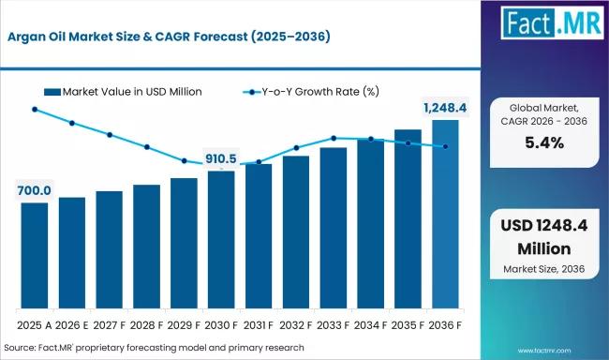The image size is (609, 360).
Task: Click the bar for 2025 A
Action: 35,255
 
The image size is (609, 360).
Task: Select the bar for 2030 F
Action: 221,240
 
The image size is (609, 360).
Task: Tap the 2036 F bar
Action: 445,214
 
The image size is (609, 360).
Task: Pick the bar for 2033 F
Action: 334,228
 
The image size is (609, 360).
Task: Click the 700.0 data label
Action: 34,190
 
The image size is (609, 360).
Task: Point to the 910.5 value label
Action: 220,158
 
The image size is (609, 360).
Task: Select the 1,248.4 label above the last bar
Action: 445,108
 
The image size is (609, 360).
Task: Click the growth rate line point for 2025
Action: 35,110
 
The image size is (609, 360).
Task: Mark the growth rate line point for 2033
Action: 334,138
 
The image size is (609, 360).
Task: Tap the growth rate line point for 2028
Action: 147,147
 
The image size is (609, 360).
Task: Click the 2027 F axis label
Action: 109,325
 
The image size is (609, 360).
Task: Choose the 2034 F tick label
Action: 370,325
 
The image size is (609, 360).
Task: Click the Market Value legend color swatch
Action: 52,92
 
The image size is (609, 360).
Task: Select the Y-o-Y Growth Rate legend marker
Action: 252,92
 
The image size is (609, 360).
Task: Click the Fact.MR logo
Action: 552,22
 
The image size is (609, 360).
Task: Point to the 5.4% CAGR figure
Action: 544,143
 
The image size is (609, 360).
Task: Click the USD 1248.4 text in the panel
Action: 544,226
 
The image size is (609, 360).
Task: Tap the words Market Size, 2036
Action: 544,269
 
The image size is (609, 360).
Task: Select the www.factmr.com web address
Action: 544,351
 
